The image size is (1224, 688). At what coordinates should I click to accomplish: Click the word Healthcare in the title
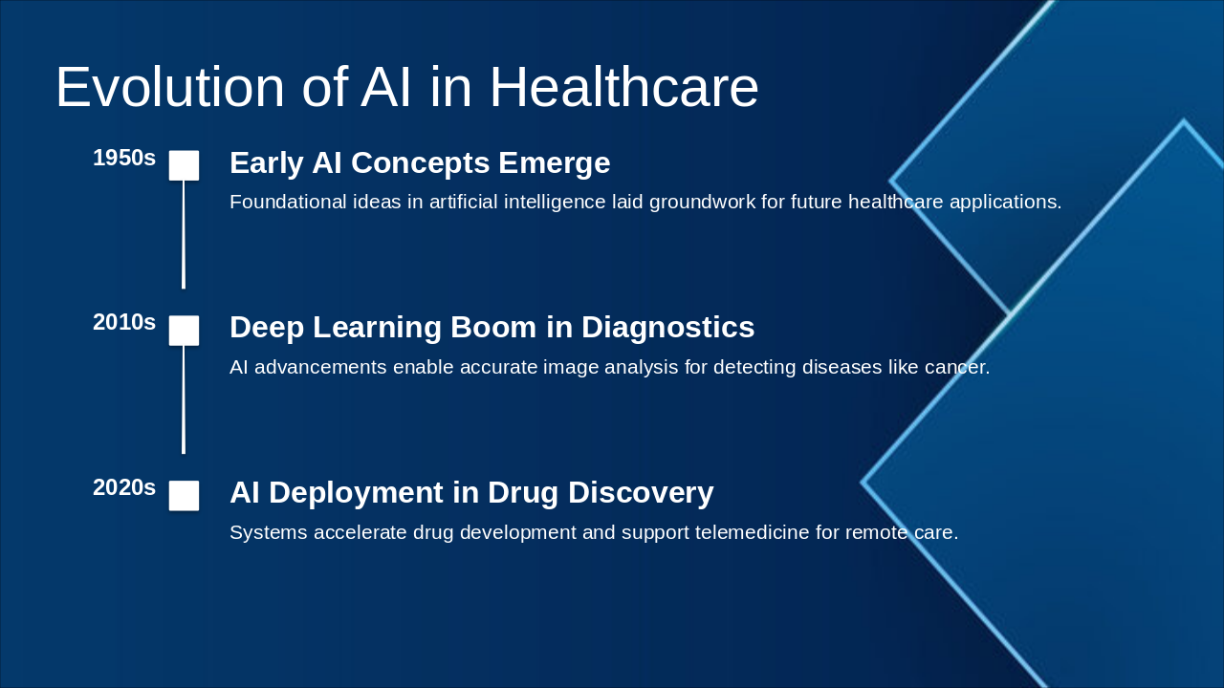[624, 87]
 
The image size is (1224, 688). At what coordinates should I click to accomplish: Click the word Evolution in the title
[170, 87]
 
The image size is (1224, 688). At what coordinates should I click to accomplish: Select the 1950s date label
[124, 158]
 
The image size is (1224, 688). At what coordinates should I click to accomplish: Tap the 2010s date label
[124, 323]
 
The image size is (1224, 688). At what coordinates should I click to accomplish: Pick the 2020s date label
[124, 487]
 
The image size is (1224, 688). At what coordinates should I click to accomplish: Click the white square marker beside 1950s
[184, 165]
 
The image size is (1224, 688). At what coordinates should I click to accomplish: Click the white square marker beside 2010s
[184, 331]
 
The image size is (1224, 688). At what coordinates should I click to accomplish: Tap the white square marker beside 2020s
[184, 496]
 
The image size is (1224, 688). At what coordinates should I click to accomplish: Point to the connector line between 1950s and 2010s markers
[184, 235]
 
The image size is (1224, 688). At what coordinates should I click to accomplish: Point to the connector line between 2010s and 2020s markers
[184, 399]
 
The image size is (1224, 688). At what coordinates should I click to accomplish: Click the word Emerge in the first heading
[554, 163]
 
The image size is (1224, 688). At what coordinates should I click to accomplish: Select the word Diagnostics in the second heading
[667, 328]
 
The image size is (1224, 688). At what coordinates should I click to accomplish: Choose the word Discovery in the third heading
[641, 493]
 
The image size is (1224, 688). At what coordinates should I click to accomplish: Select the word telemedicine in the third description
[752, 532]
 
